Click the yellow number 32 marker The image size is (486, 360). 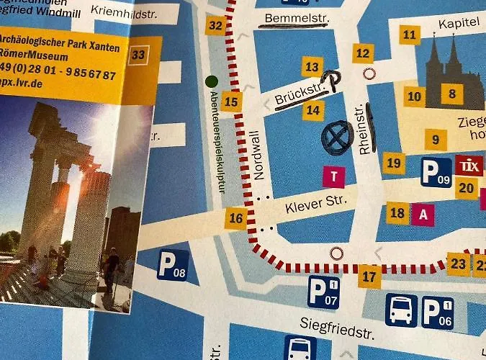[x=215, y=26]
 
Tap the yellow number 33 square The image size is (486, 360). [x=139, y=55]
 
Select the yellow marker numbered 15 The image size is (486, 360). [x=231, y=102]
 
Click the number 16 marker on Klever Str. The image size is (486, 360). [x=235, y=217]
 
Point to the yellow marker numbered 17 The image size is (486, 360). [x=369, y=276]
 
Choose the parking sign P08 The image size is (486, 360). [x=173, y=264]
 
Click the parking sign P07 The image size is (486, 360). [x=323, y=291]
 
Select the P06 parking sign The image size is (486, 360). [x=437, y=311]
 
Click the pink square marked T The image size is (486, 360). [x=333, y=176]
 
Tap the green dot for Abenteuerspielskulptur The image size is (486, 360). [x=211, y=81]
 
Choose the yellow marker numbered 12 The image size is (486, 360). [x=362, y=53]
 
